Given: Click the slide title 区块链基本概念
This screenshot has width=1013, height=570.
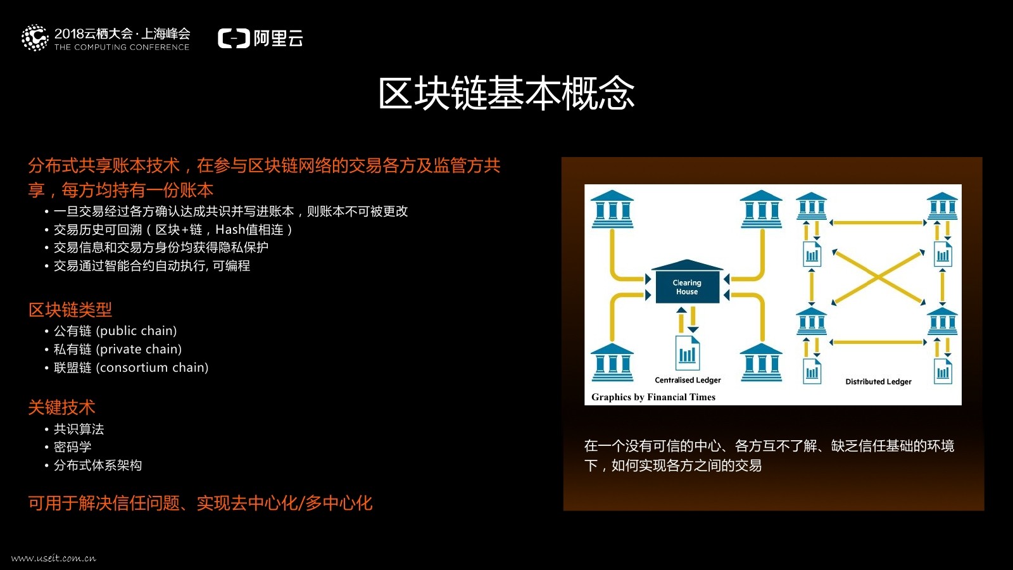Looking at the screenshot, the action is pos(507,94).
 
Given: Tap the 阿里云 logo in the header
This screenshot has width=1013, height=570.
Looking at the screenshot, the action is pos(260,39).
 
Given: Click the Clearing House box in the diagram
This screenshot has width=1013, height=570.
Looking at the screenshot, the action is pos(687,287).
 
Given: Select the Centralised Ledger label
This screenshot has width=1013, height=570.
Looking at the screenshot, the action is pos(688,380).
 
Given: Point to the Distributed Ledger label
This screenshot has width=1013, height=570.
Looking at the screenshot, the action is pos(878,381).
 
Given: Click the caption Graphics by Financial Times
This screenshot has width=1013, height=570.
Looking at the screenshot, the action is pos(653,397).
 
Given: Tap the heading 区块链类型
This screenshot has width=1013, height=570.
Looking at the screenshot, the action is pos(70,310).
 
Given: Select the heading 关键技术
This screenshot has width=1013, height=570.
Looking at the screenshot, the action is pos(61,407).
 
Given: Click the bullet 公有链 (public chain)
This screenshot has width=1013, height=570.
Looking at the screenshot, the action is pos(115,331).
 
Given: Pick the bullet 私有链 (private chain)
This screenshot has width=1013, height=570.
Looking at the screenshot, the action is pos(118,349).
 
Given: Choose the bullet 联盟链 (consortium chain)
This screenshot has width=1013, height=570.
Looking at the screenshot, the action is pos(131,367).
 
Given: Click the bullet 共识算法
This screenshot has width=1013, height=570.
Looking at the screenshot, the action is pos(79,429).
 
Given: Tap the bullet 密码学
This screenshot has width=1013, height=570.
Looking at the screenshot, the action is pos(72,446).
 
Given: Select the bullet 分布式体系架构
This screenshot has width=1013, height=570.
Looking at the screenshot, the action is pos(98,465).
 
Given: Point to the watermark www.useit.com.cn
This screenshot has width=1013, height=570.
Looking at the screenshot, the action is pos(54,558).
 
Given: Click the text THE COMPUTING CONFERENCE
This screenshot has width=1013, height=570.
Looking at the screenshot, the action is pos(122,47).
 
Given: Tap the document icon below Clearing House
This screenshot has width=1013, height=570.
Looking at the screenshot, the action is pos(688,352).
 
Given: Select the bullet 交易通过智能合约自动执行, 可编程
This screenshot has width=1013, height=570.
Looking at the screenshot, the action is pos(152,265).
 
